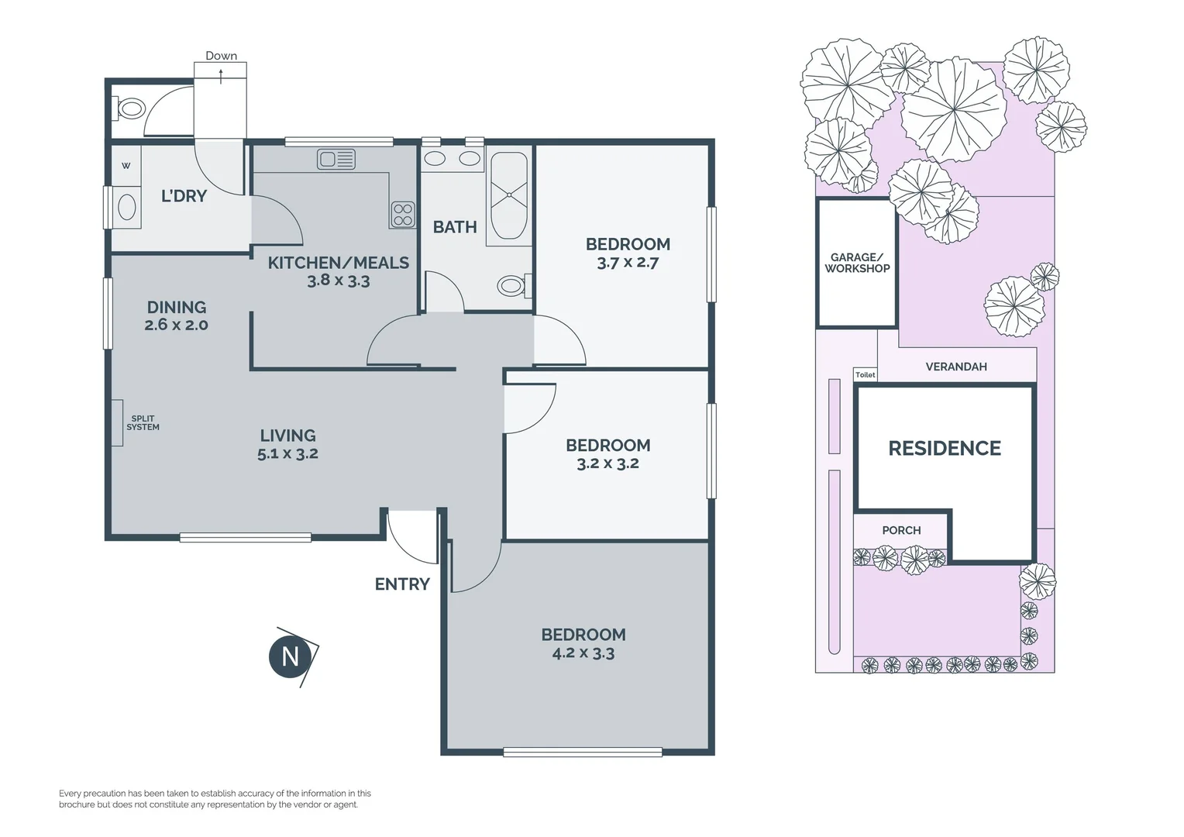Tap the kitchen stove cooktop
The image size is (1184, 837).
click(403, 215)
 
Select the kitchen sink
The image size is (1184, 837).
click(336, 159)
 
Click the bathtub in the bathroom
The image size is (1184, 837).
click(509, 195)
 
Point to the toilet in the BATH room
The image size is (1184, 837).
click(514, 285)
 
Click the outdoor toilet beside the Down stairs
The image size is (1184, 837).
click(129, 109)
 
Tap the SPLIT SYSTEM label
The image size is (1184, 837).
click(143, 423)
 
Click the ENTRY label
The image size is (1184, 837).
click(402, 584)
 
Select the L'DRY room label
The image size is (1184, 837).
click(184, 196)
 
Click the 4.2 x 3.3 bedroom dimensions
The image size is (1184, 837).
click(583, 653)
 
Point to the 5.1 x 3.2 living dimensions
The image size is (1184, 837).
click(288, 453)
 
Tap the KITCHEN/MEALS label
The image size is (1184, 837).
click(339, 263)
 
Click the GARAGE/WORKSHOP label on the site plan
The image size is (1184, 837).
click(857, 263)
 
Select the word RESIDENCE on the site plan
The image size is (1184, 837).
click(945, 449)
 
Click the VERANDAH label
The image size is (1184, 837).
click(956, 367)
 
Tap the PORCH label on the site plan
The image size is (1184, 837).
click(901, 530)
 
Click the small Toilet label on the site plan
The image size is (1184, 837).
click(866, 375)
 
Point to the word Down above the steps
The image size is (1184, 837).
click(221, 56)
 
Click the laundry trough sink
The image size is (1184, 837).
click(127, 207)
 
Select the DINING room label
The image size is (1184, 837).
click(177, 307)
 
